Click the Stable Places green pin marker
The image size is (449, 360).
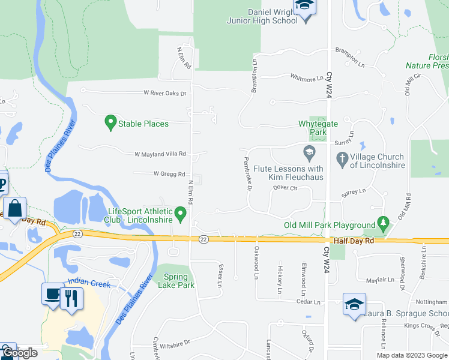(110, 123)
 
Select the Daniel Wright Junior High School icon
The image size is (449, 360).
(305, 7)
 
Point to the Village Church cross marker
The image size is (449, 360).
(342, 159)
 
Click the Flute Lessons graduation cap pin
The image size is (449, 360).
(309, 152)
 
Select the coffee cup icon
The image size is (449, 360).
(51, 293)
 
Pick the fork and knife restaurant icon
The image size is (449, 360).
(71, 297)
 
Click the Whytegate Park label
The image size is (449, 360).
(316, 127)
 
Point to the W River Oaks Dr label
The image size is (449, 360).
(165, 94)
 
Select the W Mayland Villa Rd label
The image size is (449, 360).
(160, 154)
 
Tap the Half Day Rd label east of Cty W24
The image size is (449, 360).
(354, 240)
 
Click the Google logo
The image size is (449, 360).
(21, 353)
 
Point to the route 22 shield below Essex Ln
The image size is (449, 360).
(204, 239)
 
